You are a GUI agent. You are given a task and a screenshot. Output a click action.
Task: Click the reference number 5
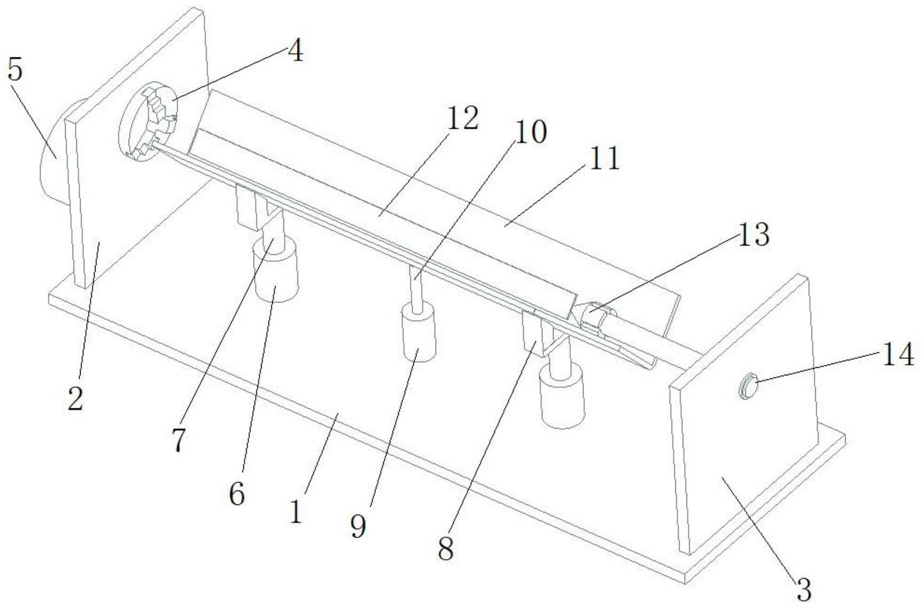tap(15, 69)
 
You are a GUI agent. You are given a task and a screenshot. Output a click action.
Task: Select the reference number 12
tap(462, 118)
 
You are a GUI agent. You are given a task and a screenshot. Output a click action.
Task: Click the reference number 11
tap(604, 159)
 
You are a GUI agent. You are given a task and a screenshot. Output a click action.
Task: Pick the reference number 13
tap(753, 234)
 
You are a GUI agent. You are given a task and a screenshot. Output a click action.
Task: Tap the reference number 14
tap(898, 354)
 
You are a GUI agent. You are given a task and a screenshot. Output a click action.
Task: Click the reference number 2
tap(75, 398)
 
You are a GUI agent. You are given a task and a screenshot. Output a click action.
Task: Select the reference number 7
tap(179, 440)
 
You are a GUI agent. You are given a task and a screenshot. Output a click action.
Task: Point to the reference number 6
tap(237, 493)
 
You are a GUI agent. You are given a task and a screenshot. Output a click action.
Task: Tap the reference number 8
tap(446, 548)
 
